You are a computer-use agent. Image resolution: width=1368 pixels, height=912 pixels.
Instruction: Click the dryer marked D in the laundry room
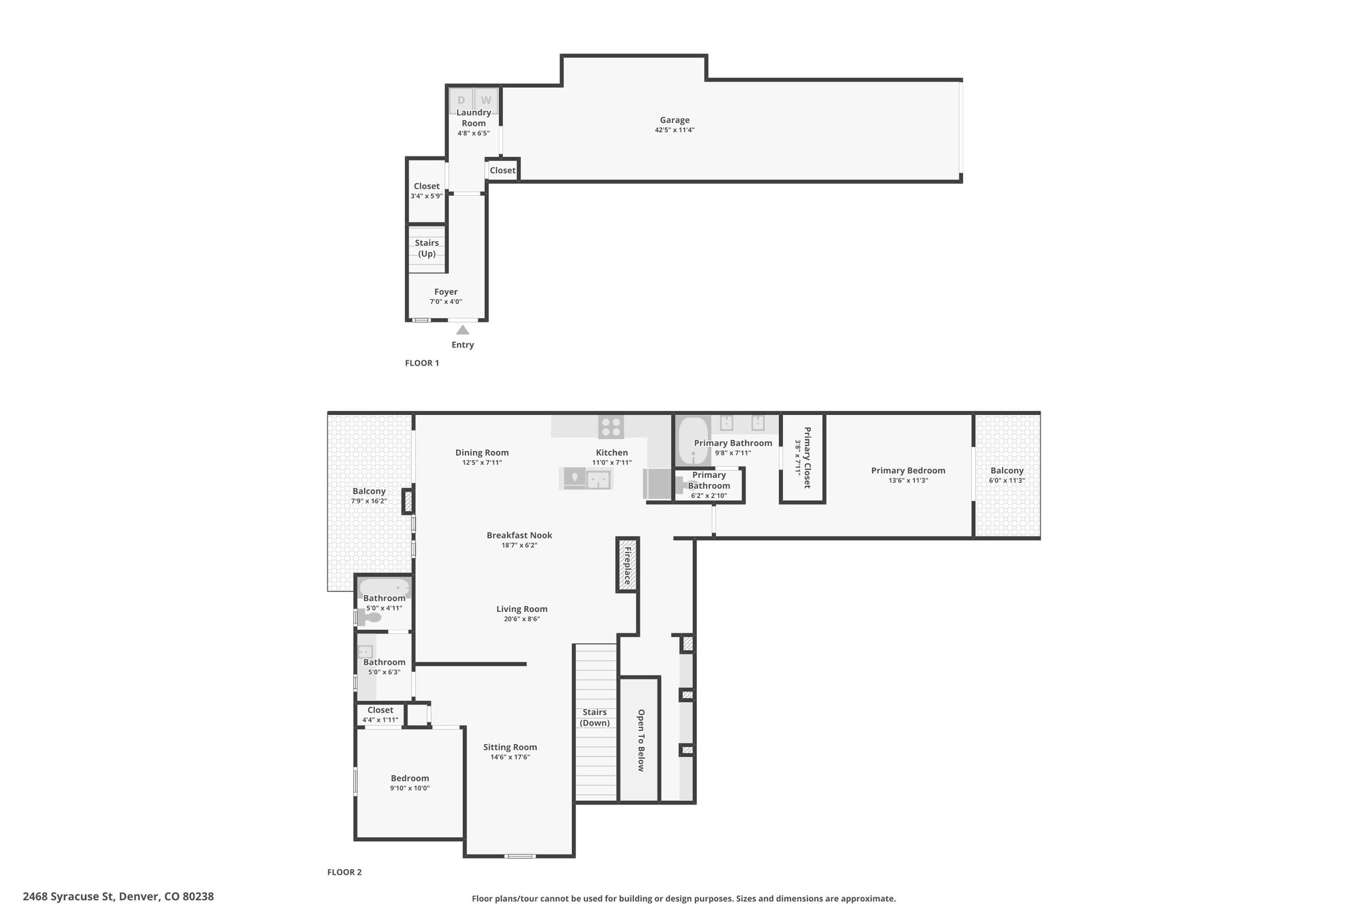(x=461, y=100)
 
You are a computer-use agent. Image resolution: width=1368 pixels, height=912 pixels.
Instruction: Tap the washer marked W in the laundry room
(x=486, y=100)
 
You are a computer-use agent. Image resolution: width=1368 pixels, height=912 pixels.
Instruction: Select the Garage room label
(x=675, y=120)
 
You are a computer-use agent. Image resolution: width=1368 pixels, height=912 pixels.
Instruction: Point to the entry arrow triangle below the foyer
(x=462, y=329)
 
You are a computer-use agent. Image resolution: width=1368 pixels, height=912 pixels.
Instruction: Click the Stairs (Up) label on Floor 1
(x=427, y=248)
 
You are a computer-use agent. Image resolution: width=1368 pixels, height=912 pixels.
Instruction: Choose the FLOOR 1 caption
(x=422, y=363)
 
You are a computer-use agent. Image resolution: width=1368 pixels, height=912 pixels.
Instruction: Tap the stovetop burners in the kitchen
(x=611, y=426)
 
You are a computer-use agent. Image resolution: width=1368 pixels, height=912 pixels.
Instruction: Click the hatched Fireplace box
(x=627, y=565)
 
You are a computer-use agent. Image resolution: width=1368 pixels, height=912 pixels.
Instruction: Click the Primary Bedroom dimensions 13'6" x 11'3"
(x=908, y=480)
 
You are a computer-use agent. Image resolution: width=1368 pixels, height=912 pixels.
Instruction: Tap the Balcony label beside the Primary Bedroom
(x=1007, y=470)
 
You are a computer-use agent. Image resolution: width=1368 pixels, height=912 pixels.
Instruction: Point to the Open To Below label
(x=641, y=740)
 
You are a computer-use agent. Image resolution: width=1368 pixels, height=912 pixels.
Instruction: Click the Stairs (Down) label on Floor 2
(x=594, y=718)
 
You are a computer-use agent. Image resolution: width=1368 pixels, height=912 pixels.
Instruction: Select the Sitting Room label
(x=510, y=747)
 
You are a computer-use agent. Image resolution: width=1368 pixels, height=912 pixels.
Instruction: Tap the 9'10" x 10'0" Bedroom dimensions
(x=410, y=788)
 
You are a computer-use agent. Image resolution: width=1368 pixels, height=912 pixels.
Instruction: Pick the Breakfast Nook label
(x=520, y=535)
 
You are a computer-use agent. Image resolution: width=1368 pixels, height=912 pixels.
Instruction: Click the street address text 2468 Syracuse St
(x=69, y=897)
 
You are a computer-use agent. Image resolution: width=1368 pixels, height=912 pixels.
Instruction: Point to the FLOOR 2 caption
(x=345, y=872)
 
